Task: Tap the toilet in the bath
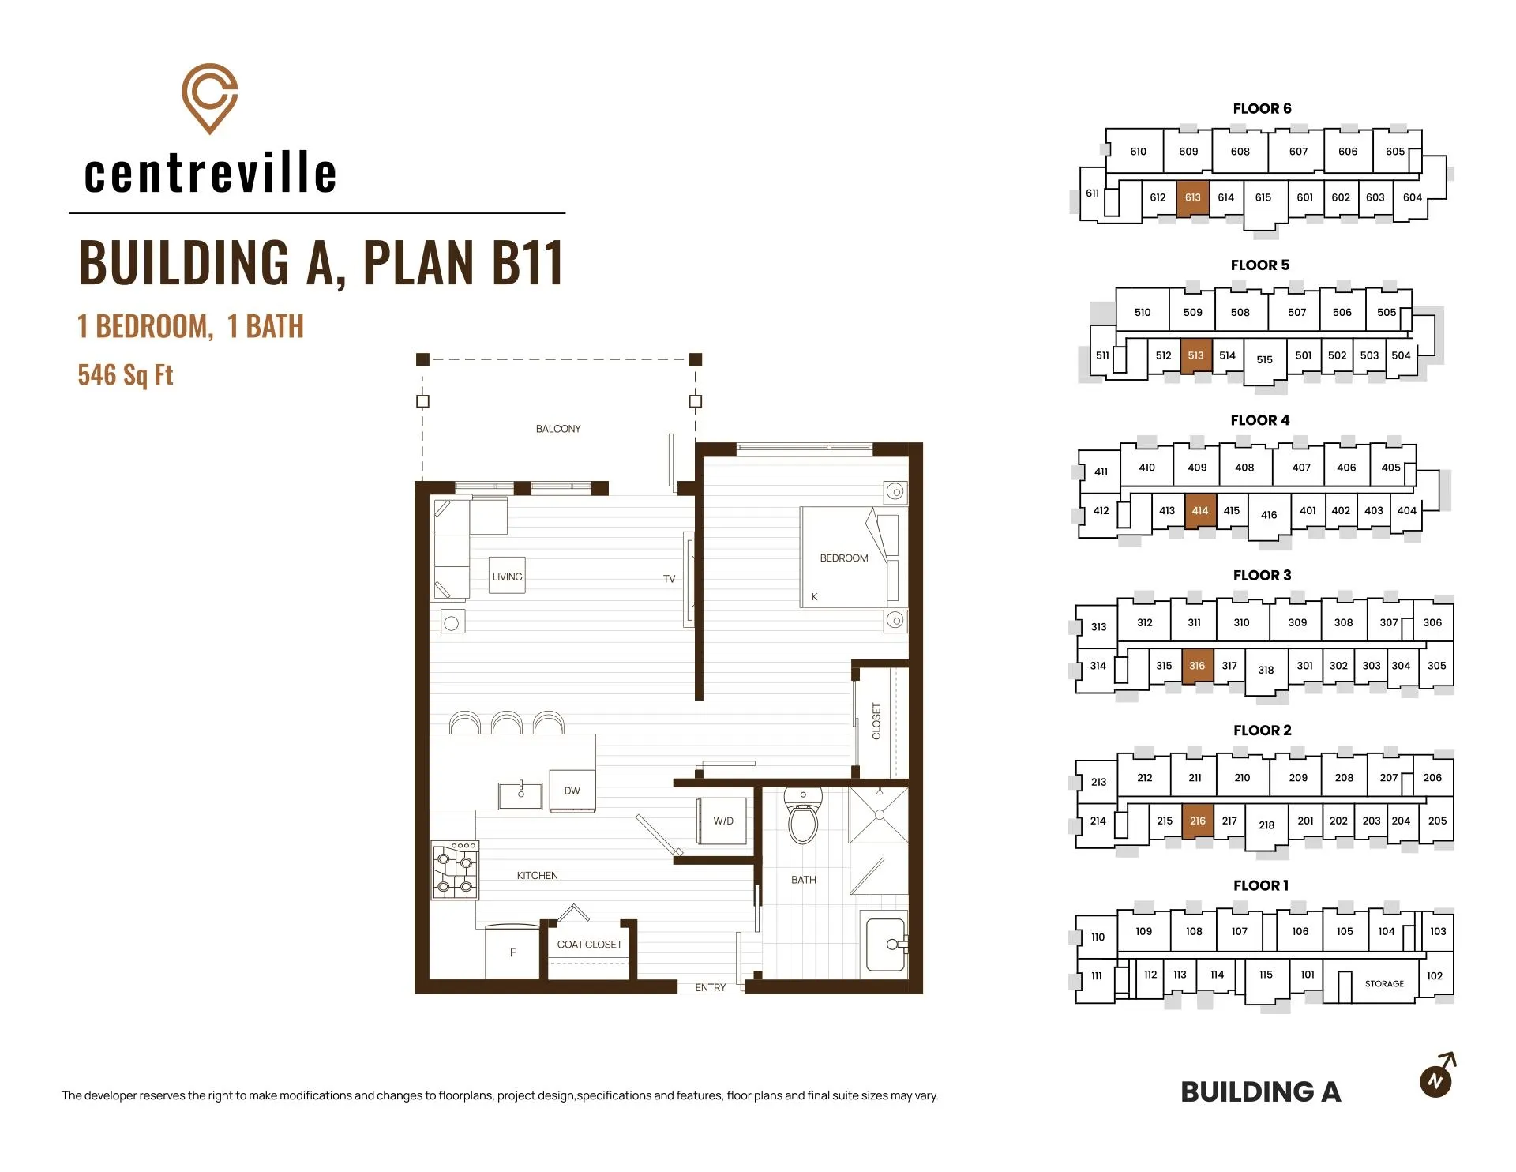[803, 817]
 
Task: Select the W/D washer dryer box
[722, 821]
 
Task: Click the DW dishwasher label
[572, 791]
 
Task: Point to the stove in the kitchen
[455, 870]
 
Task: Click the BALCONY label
[558, 429]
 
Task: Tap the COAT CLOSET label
[590, 945]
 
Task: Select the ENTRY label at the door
[710, 987]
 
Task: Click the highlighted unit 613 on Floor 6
[1192, 197]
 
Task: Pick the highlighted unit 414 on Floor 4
[1200, 511]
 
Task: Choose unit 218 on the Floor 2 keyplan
[1266, 825]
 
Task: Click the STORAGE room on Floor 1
[1384, 983]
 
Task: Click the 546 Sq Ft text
[126, 375]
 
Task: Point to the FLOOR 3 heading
[1262, 575]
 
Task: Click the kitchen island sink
[520, 794]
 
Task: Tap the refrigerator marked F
[512, 952]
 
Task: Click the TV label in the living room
[669, 579]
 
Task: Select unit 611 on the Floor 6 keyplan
[1092, 193]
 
